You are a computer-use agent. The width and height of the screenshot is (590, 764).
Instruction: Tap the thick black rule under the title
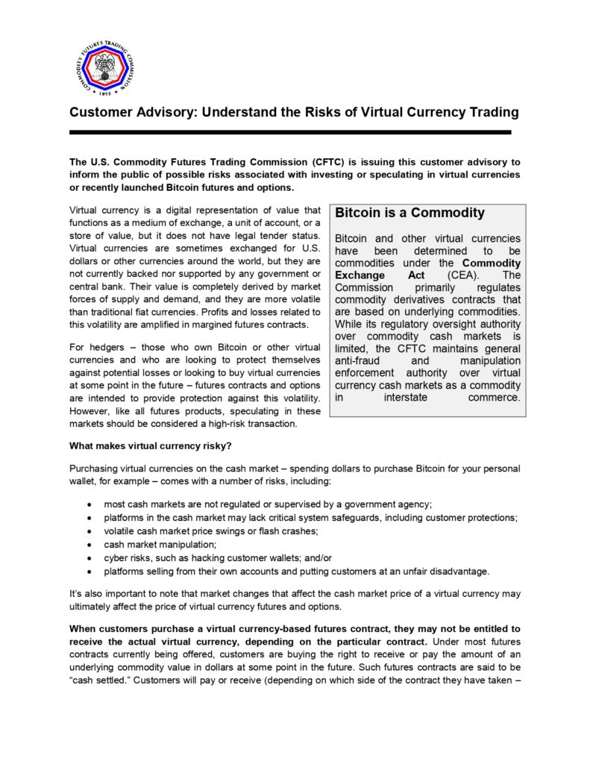(x=290, y=132)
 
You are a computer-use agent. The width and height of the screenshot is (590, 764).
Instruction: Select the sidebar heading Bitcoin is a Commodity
(x=409, y=213)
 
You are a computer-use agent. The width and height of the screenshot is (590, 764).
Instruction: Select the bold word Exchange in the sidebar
(x=362, y=276)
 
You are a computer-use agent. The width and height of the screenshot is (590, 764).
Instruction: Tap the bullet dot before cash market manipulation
(x=90, y=545)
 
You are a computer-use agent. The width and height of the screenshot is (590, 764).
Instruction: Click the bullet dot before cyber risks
(x=90, y=558)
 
